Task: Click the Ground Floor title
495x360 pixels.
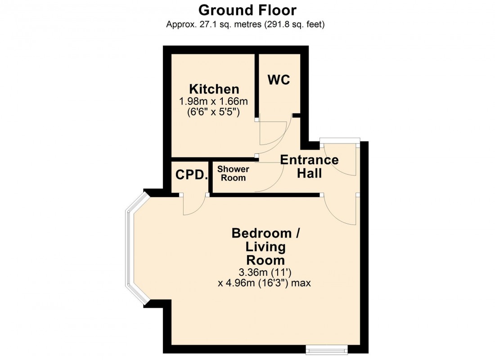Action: [247, 9]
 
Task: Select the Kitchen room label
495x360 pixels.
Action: [214, 89]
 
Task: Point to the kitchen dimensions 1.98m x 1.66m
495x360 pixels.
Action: [214, 101]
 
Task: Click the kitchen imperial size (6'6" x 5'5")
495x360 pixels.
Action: [214, 112]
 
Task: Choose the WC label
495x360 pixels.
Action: [279, 80]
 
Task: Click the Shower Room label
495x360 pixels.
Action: [233, 174]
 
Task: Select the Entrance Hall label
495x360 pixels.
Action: [309, 166]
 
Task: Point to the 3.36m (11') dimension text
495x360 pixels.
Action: [265, 273]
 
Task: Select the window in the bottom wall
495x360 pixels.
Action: [326, 348]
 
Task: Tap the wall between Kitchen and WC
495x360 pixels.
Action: [256, 85]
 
